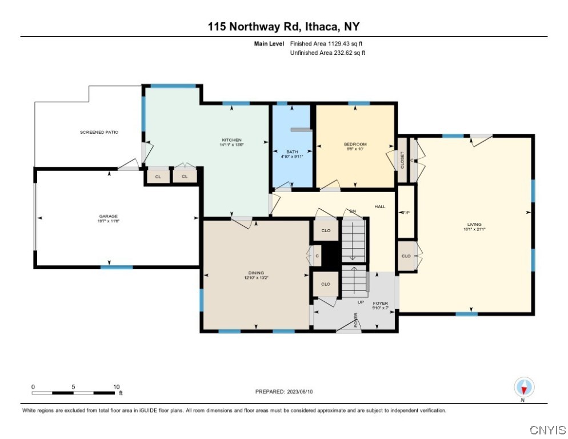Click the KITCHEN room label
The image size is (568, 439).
pyautogui.click(x=231, y=140)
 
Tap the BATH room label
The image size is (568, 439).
pyautogui.click(x=291, y=151)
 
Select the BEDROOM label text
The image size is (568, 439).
pyautogui.click(x=355, y=144)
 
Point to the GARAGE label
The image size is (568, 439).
pyautogui.click(x=108, y=216)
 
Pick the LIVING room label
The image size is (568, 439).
pyautogui.click(x=474, y=225)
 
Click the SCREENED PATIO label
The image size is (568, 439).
pyautogui.click(x=99, y=132)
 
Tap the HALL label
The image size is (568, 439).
pyautogui.click(x=380, y=206)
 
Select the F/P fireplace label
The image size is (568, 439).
pyautogui.click(x=406, y=213)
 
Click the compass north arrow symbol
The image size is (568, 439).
pyautogui.click(x=523, y=387)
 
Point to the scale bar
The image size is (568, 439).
pyautogui.click(x=73, y=393)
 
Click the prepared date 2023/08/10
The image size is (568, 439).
pyautogui.click(x=284, y=392)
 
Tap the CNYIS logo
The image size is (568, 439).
pyautogui.click(x=547, y=429)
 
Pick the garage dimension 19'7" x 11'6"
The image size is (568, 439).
pyautogui.click(x=108, y=221)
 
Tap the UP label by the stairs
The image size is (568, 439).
pyautogui.click(x=361, y=302)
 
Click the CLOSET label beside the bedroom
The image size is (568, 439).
pyautogui.click(x=402, y=159)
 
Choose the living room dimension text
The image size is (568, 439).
pyautogui.click(x=474, y=230)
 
